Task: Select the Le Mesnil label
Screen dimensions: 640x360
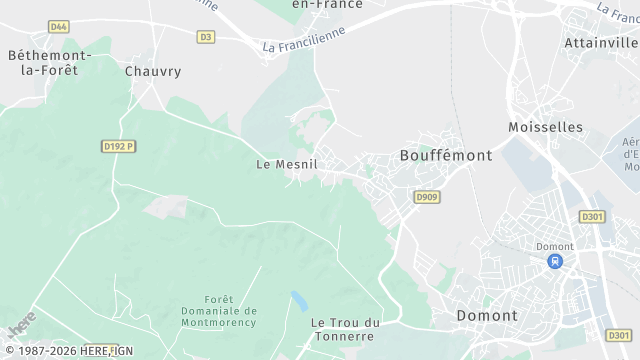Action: tap(287, 164)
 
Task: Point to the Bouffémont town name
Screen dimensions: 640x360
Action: tap(445, 156)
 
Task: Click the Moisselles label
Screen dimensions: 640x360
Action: tap(545, 127)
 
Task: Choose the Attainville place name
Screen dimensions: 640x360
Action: tap(600, 43)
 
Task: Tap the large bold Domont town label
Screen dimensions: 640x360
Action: tap(487, 315)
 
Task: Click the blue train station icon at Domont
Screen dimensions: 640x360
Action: tap(553, 261)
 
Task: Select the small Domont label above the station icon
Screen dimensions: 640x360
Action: tap(553, 246)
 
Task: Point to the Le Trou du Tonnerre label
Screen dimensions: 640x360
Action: tap(346, 329)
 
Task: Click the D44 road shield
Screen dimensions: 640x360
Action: tap(59, 26)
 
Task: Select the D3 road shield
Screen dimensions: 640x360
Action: tap(206, 37)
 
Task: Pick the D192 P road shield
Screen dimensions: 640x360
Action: tap(118, 145)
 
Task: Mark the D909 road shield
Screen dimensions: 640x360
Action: tap(427, 197)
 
